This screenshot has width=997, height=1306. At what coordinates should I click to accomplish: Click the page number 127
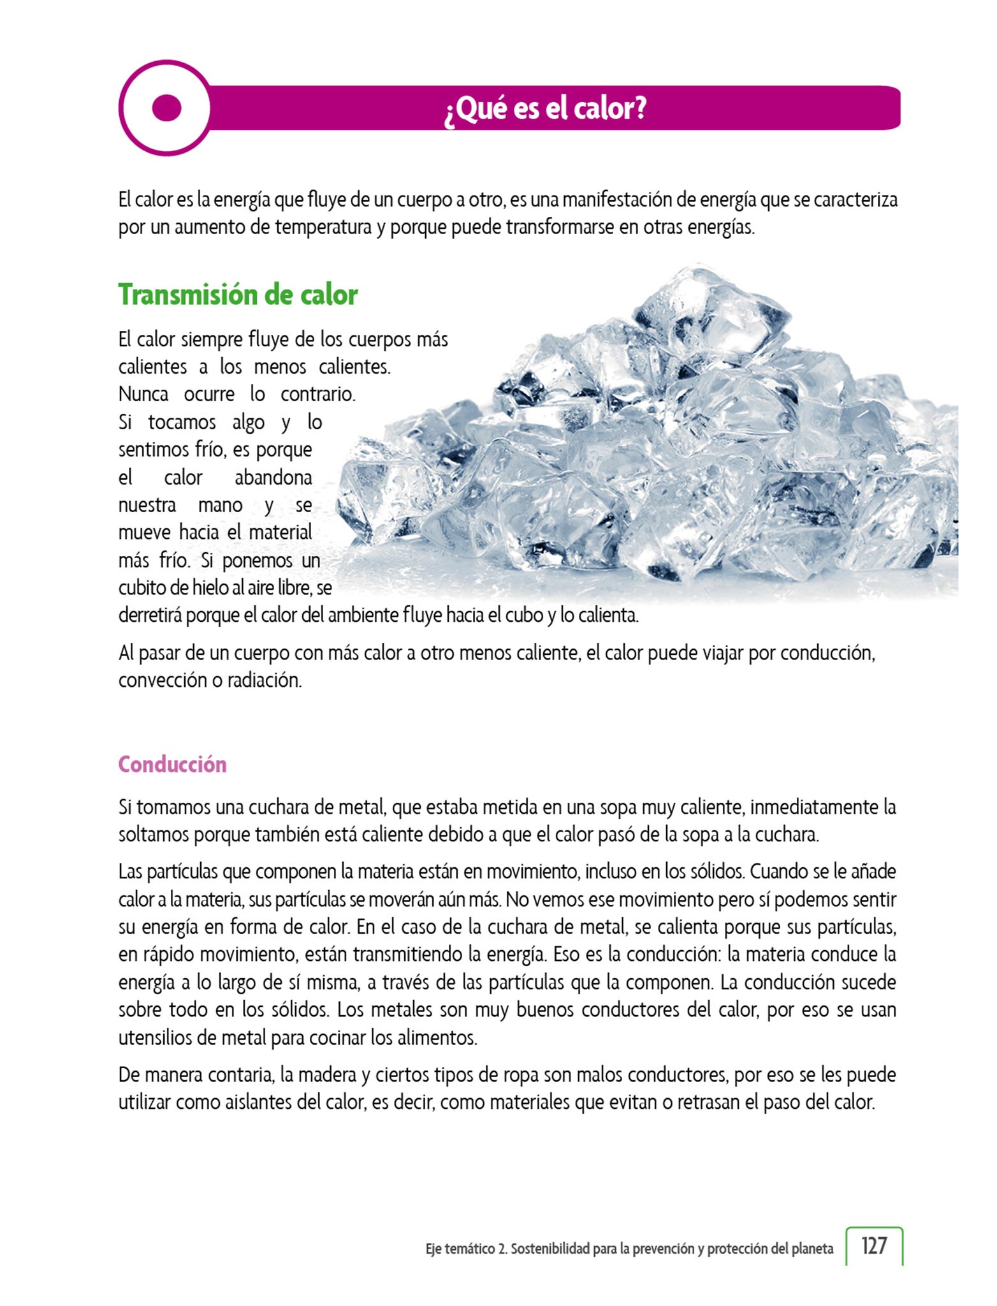coord(874,1245)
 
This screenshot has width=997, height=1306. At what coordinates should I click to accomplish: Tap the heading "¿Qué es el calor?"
coord(546,108)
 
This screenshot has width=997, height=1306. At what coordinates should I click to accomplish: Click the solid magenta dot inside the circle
coord(167,108)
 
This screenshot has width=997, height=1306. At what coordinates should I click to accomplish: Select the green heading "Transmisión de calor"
coord(238,295)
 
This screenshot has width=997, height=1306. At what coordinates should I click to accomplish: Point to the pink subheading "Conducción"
coord(172,764)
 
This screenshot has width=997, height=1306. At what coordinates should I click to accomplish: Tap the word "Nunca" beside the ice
coord(143,394)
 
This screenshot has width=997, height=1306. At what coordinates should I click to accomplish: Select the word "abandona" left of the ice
coord(273,478)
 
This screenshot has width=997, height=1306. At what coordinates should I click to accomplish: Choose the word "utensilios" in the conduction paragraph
coord(154,1038)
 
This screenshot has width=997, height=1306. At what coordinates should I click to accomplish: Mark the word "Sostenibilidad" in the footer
coord(550,1249)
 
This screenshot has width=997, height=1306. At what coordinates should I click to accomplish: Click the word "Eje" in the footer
coord(433,1249)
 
